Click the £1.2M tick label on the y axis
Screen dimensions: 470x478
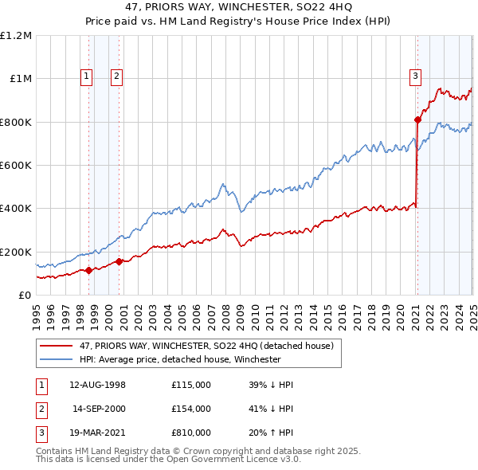pyautogui.click(x=16, y=36)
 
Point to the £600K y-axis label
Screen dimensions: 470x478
pyautogui.click(x=16, y=166)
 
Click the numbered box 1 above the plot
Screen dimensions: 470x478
pyautogui.click(x=86, y=76)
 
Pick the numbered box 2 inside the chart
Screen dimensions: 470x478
pyautogui.click(x=116, y=76)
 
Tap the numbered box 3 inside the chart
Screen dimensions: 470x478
pyautogui.click(x=415, y=76)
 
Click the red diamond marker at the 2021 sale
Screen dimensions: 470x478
pyautogui.click(x=417, y=120)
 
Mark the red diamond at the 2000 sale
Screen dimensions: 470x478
pyautogui.click(x=119, y=261)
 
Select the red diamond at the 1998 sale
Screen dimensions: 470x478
pyautogui.click(x=88, y=270)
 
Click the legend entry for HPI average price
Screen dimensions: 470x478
pyautogui.click(x=180, y=359)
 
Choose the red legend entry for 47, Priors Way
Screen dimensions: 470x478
pyautogui.click(x=210, y=346)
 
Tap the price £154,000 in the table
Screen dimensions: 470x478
pyautogui.click(x=191, y=409)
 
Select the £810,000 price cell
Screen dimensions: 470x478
pyautogui.click(x=191, y=433)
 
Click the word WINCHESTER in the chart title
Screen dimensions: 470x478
pyautogui.click(x=222, y=9)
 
